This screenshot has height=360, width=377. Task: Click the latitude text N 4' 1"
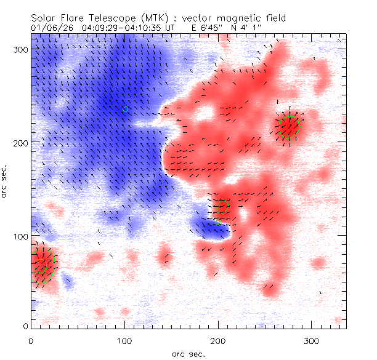[243, 28]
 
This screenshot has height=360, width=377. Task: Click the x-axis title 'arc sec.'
[188, 354]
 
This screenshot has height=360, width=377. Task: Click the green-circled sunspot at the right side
[288, 126]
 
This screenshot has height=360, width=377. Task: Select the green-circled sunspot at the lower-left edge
[43, 266]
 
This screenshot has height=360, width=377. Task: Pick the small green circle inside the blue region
[126, 108]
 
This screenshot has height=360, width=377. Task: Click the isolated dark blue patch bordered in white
[209, 227]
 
